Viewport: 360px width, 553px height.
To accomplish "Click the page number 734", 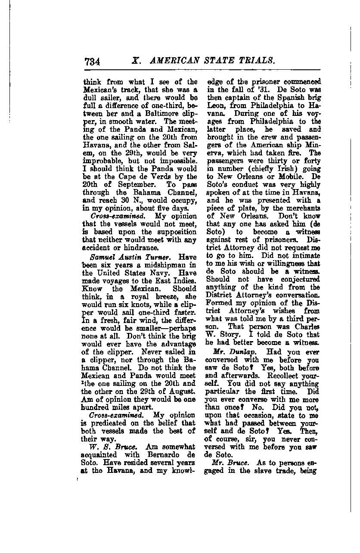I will (x=93, y=61).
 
